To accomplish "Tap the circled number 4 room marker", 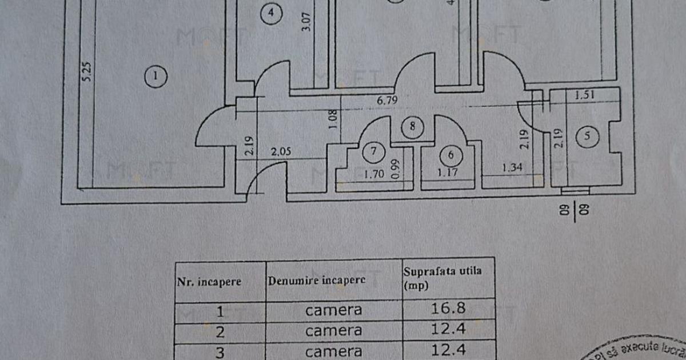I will tap(270, 13).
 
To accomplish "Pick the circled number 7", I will tap(373, 151).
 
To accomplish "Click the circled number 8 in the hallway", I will tap(412, 126).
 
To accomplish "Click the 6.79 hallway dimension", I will tap(387, 99).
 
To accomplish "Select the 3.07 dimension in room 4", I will tap(307, 21).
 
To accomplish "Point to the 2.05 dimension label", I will tap(281, 152).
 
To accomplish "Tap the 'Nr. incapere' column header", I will tap(209, 281).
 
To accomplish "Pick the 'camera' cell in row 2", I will tap(333, 331).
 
